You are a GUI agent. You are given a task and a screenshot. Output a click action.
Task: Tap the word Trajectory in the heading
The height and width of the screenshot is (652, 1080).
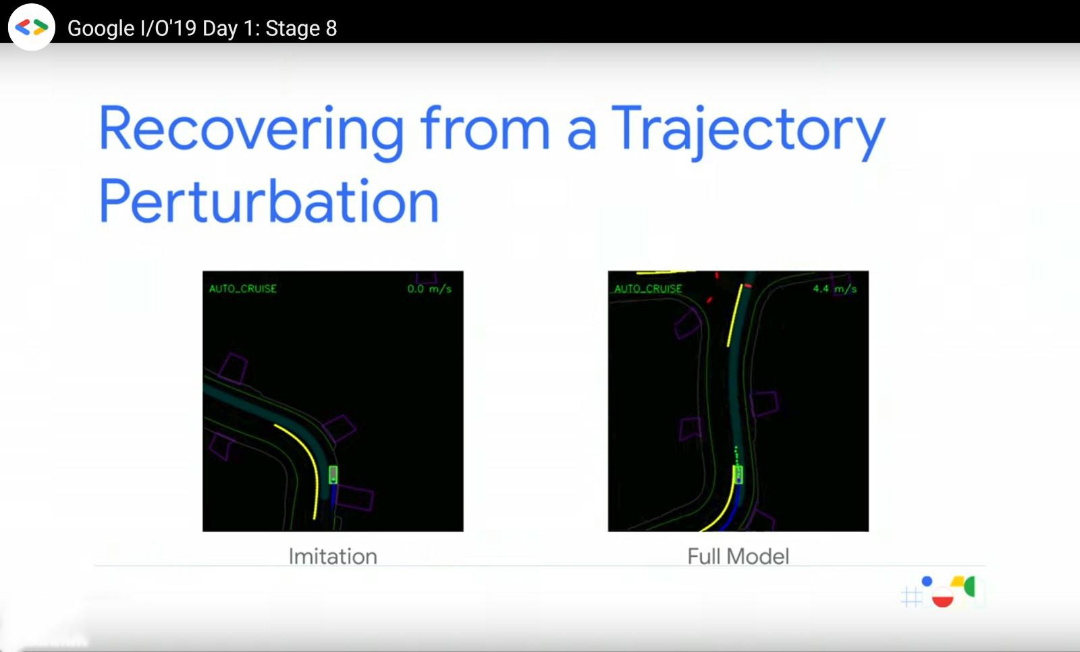(749, 130)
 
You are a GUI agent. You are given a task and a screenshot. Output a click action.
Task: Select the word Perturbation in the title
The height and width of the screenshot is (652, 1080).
(269, 202)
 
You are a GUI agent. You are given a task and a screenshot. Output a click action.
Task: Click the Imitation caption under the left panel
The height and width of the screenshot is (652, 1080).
(333, 557)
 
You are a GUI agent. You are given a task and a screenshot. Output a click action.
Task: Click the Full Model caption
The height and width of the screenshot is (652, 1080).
(738, 557)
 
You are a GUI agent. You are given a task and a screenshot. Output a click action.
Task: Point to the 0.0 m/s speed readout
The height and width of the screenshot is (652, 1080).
(429, 289)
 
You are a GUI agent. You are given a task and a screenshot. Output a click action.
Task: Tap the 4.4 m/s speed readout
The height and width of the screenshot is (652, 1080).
(834, 289)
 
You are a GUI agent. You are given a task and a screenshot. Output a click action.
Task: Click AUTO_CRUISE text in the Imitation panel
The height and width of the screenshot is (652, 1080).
(243, 289)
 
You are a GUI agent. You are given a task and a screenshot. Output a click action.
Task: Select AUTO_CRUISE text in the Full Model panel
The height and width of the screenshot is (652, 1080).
(648, 289)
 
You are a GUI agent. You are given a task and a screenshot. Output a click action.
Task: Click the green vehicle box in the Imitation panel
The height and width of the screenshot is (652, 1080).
(333, 475)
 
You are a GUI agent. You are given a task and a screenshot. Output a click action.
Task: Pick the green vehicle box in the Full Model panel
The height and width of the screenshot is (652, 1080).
(738, 475)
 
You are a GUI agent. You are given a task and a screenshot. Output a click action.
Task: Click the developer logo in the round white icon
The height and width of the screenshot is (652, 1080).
(32, 27)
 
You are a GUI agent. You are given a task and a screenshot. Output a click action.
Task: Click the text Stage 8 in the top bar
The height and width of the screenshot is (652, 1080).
(301, 28)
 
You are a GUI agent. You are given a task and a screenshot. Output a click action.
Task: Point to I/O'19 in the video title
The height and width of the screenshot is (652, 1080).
(169, 28)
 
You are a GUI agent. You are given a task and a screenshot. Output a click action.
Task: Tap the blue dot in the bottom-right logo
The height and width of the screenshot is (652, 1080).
(927, 582)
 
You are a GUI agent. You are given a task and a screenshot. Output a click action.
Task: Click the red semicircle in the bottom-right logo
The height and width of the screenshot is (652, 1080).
(942, 601)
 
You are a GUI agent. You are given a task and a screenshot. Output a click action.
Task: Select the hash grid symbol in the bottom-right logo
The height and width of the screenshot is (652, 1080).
(911, 597)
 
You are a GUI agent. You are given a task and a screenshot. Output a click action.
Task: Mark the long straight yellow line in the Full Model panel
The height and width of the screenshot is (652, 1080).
(735, 315)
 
